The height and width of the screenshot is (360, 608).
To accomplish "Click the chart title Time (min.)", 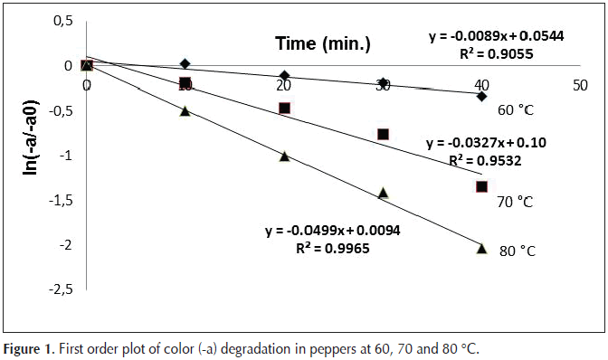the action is (x=323, y=43).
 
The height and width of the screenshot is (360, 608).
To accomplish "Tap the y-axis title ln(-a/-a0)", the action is (x=31, y=138).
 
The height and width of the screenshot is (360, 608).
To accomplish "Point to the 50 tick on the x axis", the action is (x=580, y=85).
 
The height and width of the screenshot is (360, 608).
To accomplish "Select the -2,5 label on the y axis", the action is (x=61, y=289).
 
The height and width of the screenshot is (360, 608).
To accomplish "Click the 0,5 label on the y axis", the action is (x=63, y=21).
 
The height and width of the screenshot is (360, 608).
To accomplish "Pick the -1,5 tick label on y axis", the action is (x=61, y=200).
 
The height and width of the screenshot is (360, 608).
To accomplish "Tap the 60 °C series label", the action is (x=516, y=110).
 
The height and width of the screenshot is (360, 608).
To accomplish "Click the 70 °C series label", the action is (x=516, y=202).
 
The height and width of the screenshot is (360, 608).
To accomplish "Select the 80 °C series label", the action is (x=518, y=251).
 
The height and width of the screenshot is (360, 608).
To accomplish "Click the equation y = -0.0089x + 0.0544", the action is (x=497, y=36).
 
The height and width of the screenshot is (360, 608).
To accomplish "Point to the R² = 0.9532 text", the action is (x=485, y=160).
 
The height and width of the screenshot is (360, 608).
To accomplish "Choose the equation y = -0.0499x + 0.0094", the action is (x=333, y=231).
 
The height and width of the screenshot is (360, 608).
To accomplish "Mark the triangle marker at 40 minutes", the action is (x=481, y=248).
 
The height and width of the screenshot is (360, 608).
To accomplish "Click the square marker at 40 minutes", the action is (x=481, y=187).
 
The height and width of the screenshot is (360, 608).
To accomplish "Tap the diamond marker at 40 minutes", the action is (x=481, y=96).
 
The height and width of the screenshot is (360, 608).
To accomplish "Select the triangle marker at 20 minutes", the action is (x=285, y=156).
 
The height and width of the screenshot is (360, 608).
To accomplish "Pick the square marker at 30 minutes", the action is (x=383, y=135).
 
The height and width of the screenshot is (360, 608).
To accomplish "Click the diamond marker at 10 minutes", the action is (x=185, y=63).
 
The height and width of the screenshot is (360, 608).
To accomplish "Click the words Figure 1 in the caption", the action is (x=27, y=349).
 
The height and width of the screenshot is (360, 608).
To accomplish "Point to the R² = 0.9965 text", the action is (x=333, y=248).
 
